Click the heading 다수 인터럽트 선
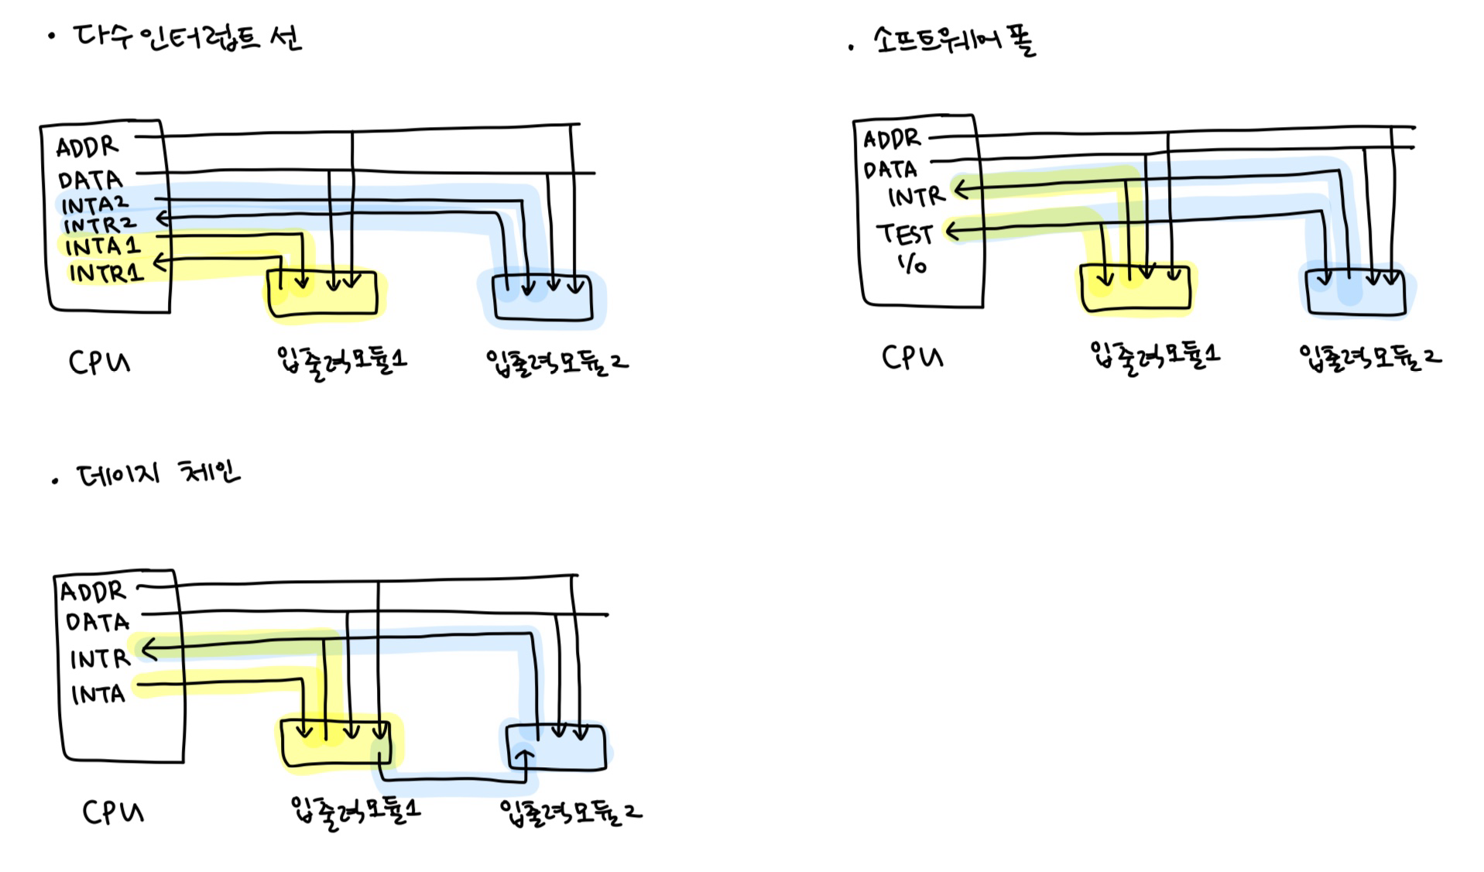pos(186,37)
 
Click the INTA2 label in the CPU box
pos(94,205)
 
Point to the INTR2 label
pos(99,225)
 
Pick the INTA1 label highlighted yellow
pos(102,247)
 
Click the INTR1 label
pos(106,273)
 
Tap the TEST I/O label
pos(906,246)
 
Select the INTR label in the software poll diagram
pos(916,197)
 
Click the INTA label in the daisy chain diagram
pos(98,694)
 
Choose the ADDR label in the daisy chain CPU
pos(93,592)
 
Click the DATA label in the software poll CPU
pos(889,170)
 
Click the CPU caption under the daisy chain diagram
pos(113,812)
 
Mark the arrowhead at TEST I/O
pos(953,231)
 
